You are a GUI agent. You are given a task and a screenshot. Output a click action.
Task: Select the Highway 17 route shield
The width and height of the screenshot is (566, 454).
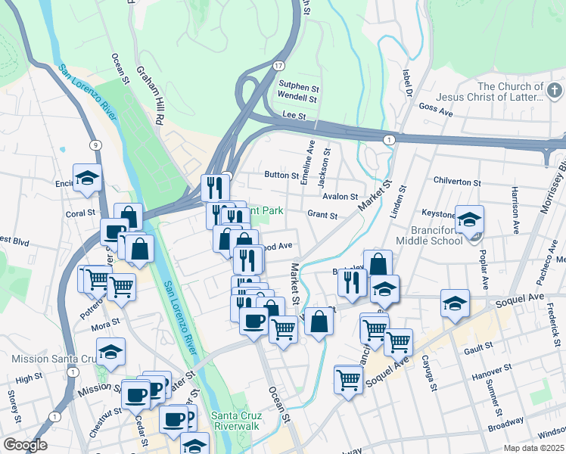pyautogui.click(x=279, y=67)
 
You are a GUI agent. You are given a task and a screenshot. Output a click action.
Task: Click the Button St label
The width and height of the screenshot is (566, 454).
pyautogui.click(x=281, y=175)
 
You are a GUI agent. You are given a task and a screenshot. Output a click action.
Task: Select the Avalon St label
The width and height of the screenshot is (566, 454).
pyautogui.click(x=340, y=197)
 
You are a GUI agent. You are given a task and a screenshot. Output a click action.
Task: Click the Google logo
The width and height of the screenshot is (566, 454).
pyautogui.click(x=25, y=445)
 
